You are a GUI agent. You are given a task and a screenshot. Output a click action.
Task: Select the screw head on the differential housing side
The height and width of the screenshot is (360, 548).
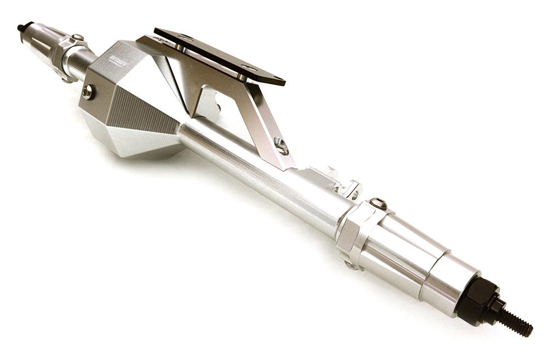coord(87,92)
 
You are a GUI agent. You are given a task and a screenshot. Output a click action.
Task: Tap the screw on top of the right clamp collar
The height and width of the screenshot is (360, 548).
coord(378,203)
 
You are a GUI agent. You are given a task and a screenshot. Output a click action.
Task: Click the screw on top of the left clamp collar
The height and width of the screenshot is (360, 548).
coord(77,38)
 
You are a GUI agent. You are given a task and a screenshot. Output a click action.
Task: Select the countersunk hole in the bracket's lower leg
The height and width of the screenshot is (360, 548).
coord(281,145)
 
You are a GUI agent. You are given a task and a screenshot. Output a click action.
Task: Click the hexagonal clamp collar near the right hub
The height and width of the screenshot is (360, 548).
coord(351,233)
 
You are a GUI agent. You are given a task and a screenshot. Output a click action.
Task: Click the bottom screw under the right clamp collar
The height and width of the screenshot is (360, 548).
coord(351,264)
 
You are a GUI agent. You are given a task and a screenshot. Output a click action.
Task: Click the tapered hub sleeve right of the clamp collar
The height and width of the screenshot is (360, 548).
coord(403,247)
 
